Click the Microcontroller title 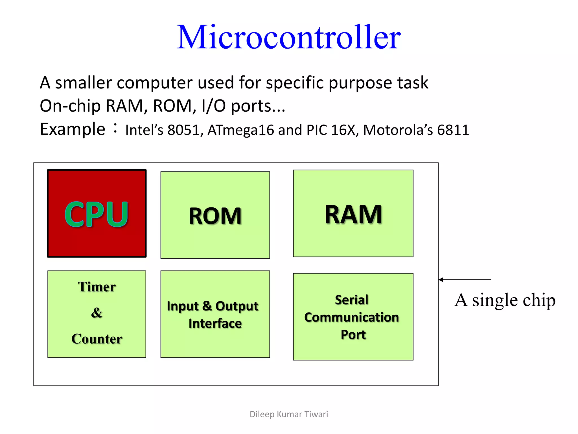coord(289,37)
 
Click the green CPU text coord(97,214)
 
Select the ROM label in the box coord(215,216)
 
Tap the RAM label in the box coord(353,214)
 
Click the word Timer coord(97,287)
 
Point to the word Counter coord(97,339)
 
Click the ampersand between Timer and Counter coord(97,313)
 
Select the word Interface coord(215,324)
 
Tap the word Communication coord(352,317)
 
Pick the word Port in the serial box coord(353,335)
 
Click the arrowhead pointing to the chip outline coord(441,280)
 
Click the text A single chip coord(505,300)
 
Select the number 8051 coord(183,130)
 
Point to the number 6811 coord(453,130)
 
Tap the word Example coord(73,129)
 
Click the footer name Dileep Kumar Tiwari coord(289,414)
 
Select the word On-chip coord(70,106)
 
